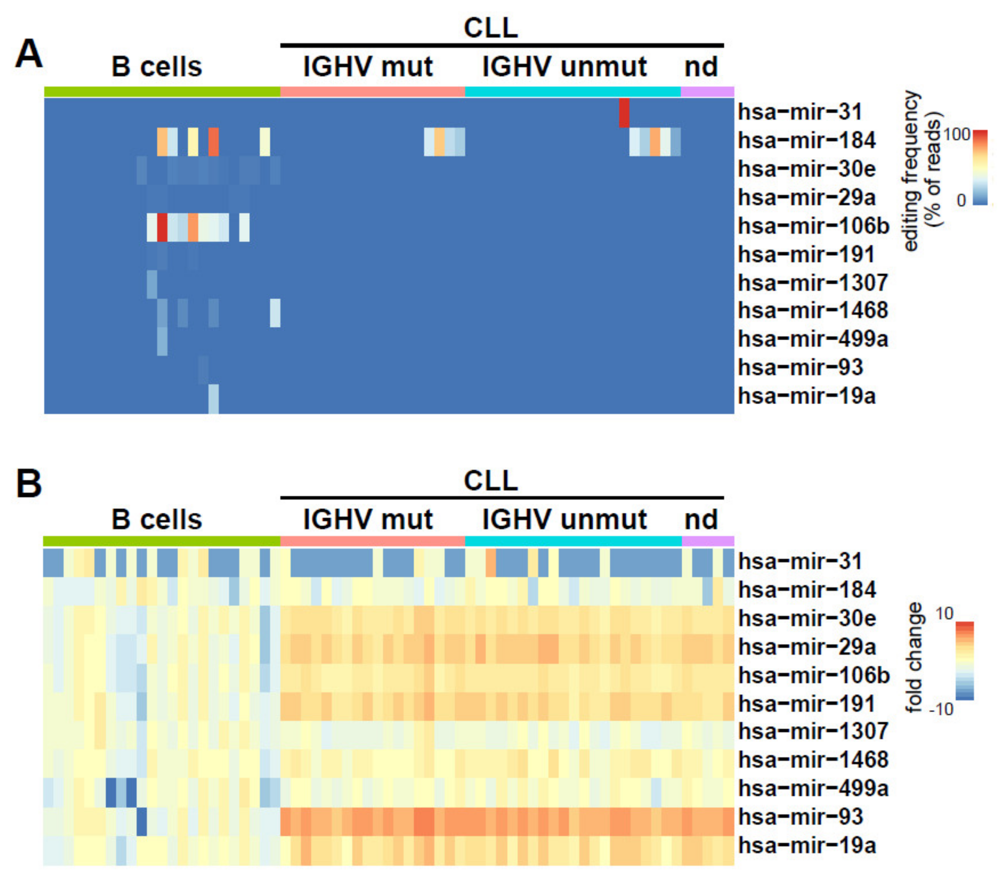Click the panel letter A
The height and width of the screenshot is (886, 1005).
click(28, 55)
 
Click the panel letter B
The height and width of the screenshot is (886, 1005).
click(28, 484)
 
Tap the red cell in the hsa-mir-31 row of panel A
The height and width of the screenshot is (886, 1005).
click(624, 112)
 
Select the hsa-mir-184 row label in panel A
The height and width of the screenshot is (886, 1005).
click(807, 141)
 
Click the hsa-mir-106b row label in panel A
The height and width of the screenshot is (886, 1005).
click(814, 227)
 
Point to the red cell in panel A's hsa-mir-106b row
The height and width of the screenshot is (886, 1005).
click(162, 227)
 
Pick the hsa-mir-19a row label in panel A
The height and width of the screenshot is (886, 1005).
click(807, 396)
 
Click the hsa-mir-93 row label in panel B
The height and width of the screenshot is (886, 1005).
click(801, 817)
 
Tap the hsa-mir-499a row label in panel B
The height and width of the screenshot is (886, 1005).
click(813, 788)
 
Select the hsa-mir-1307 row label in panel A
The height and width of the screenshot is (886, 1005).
click(813, 283)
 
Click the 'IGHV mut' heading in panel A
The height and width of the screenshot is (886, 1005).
click(368, 67)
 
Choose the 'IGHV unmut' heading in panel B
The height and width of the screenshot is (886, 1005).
click(564, 519)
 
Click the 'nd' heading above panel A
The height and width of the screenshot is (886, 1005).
click(701, 67)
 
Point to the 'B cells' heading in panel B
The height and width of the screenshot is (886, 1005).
click(156, 519)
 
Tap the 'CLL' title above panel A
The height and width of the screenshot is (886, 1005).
click(491, 28)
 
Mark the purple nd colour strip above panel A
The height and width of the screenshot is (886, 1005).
click(707, 92)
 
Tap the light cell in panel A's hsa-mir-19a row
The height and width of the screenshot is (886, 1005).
click(213, 398)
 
